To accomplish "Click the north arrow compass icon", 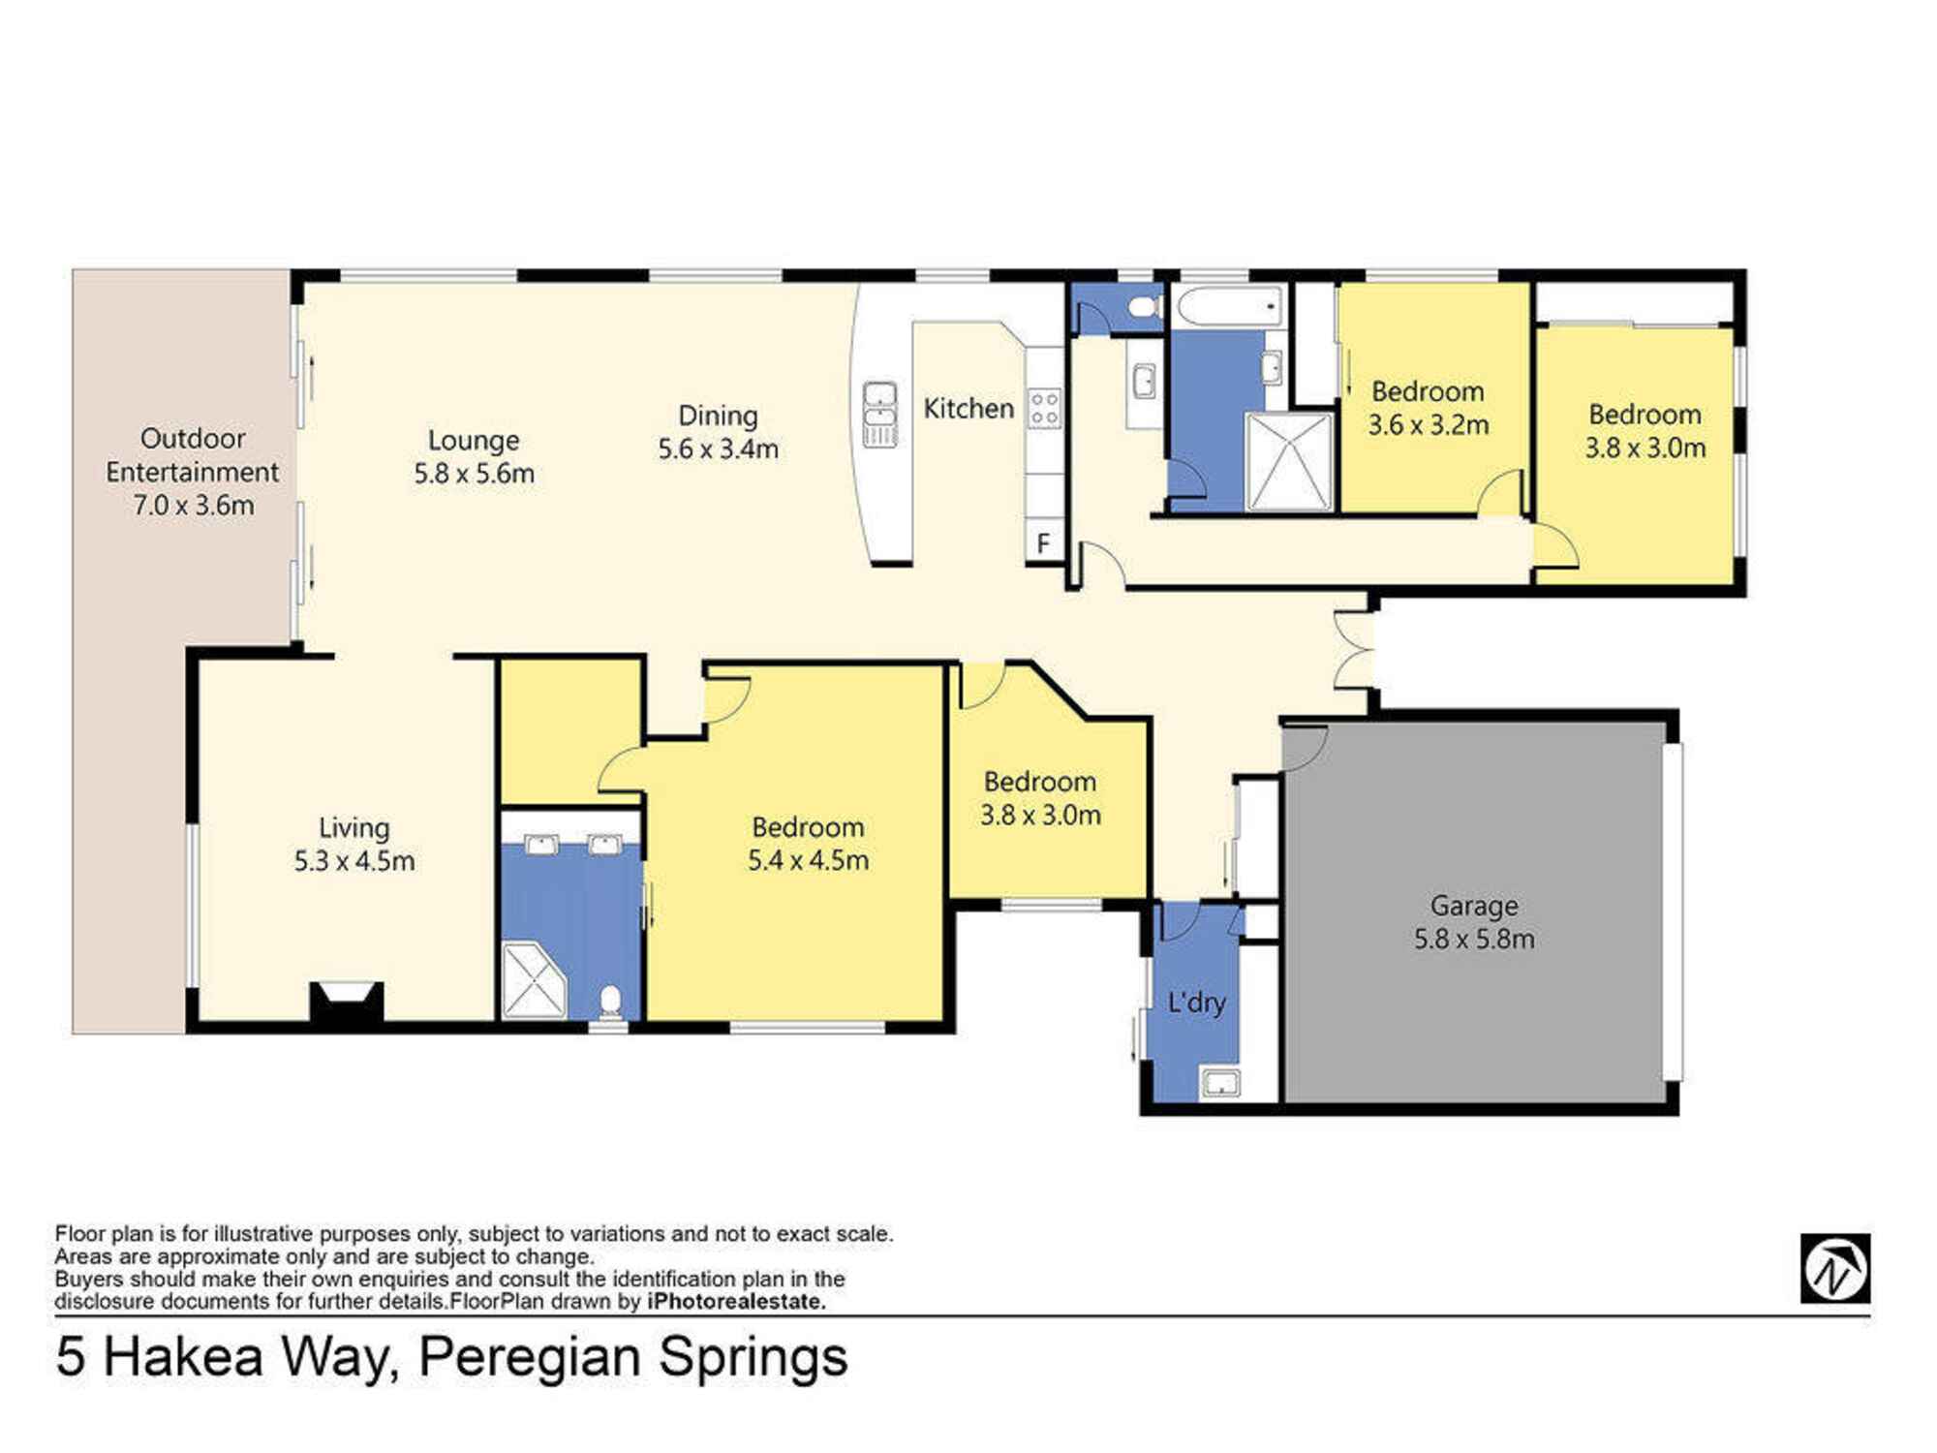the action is click(x=1835, y=1268).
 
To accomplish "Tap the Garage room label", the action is click(x=1474, y=906).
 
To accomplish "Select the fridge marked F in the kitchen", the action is click(x=1044, y=542).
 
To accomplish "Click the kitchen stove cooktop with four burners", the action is click(x=1044, y=408).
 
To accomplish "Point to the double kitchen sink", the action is click(x=879, y=415).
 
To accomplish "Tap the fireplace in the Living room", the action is click(x=346, y=1002).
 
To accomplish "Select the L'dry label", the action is click(x=1197, y=1002).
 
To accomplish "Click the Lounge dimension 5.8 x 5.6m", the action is click(x=474, y=474).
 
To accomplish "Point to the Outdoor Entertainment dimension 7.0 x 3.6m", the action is click(x=194, y=505).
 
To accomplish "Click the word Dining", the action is click(x=718, y=416).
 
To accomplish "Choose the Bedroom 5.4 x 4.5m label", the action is click(x=808, y=843).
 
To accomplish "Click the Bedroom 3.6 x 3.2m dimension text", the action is click(x=1429, y=425).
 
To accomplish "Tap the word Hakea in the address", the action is click(x=183, y=1356).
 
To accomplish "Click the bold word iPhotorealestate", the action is click(x=736, y=1301).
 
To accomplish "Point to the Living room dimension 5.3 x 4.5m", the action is click(x=354, y=861).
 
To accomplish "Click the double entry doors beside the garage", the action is click(x=1354, y=649).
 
